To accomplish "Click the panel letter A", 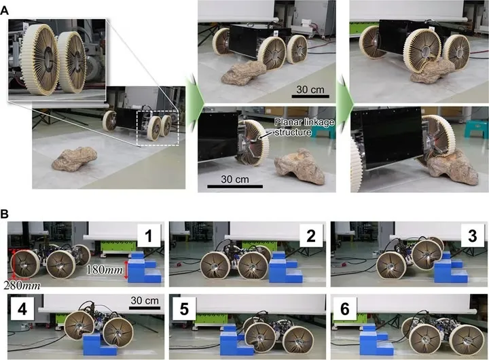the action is pyautogui.click(x=5, y=11).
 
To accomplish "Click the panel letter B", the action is pyautogui.click(x=5, y=214).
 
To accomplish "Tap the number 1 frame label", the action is pyautogui.click(x=149, y=236).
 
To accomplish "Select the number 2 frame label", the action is pyautogui.click(x=311, y=236).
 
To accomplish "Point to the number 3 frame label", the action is pyautogui.click(x=473, y=236).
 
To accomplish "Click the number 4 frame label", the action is pyautogui.click(x=22, y=310).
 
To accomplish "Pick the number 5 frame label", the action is pyautogui.click(x=184, y=310).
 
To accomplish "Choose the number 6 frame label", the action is pyautogui.click(x=345, y=310).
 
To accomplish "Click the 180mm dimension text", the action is pyautogui.click(x=105, y=270).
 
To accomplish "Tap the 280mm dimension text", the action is pyautogui.click(x=22, y=285).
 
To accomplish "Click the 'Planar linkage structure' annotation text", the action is pyautogui.click(x=304, y=127).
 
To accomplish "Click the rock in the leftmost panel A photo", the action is pyautogui.click(x=75, y=159).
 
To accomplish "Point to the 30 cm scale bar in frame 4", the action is pyautogui.click(x=145, y=308).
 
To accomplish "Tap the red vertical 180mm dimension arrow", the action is pyautogui.click(x=126, y=270).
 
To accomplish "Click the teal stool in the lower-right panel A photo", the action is pyautogui.click(x=476, y=129).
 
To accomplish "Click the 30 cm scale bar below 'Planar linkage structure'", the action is pyautogui.click(x=235, y=187).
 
